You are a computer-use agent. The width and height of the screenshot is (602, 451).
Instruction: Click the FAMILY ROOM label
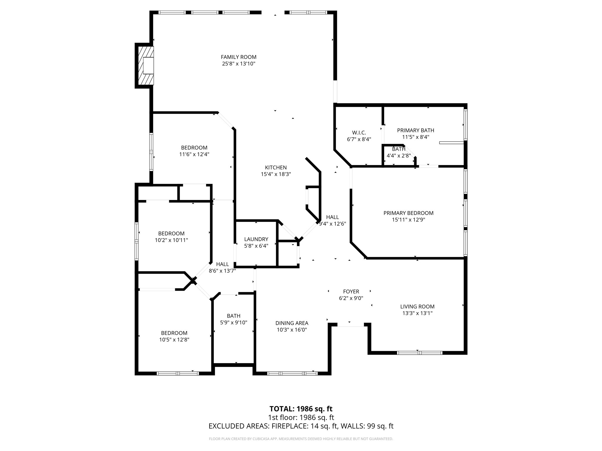pos(238,57)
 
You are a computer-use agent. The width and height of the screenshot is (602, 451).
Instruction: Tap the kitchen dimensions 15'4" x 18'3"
pos(276,174)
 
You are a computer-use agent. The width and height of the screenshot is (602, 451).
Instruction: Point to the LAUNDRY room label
pos(256,239)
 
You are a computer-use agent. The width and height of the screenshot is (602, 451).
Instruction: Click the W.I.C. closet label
pos(359,133)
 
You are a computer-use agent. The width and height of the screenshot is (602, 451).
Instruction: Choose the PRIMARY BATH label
pos(415,130)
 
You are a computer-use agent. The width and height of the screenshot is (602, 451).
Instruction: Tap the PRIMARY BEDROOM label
pos(408,213)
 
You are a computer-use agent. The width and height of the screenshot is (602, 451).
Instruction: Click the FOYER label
pos(351,292)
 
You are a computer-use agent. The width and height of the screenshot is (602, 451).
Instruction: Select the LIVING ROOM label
pos(417,307)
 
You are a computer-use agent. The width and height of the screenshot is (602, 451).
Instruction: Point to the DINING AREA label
pos(292,323)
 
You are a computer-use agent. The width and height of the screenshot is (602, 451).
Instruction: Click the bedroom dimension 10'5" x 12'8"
pos(174,340)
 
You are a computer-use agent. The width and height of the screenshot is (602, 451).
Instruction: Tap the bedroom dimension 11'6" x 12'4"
pos(194,154)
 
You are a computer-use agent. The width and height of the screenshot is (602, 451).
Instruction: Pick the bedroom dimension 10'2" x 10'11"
pos(171,240)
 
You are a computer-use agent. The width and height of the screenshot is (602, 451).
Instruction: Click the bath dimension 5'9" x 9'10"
pos(233,323)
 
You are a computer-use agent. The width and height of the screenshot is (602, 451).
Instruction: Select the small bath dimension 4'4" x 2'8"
pos(398,156)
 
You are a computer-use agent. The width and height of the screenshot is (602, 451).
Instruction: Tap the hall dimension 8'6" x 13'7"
pos(222,271)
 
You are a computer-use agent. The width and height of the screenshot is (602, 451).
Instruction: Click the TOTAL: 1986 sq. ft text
pos(301,409)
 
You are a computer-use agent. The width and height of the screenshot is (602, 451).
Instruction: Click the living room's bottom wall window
pos(419,353)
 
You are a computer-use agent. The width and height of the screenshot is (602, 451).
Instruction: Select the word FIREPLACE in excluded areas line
pos(290,426)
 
